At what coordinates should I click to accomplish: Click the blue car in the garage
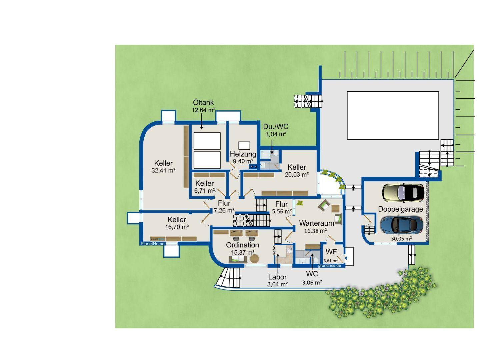401,225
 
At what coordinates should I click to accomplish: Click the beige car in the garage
403,192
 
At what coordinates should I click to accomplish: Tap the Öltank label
203,102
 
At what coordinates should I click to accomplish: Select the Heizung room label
243,154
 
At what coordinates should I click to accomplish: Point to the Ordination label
242,245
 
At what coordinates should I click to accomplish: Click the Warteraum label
316,223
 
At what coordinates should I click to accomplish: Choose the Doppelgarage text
400,209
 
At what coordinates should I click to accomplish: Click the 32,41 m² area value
163,171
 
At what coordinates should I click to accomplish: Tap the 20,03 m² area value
297,174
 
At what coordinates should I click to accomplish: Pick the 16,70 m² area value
177,227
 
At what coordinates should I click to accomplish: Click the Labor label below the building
277,277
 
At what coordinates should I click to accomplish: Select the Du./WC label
276,127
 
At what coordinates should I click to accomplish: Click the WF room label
331,252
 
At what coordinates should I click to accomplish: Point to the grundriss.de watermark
329,266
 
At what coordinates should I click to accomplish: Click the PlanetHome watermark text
152,244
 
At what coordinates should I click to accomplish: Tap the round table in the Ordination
254,259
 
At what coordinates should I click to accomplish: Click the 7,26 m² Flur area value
224,210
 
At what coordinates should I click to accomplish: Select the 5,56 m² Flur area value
282,211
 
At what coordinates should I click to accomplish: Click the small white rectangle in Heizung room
244,145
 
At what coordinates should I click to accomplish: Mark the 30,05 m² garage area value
401,238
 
